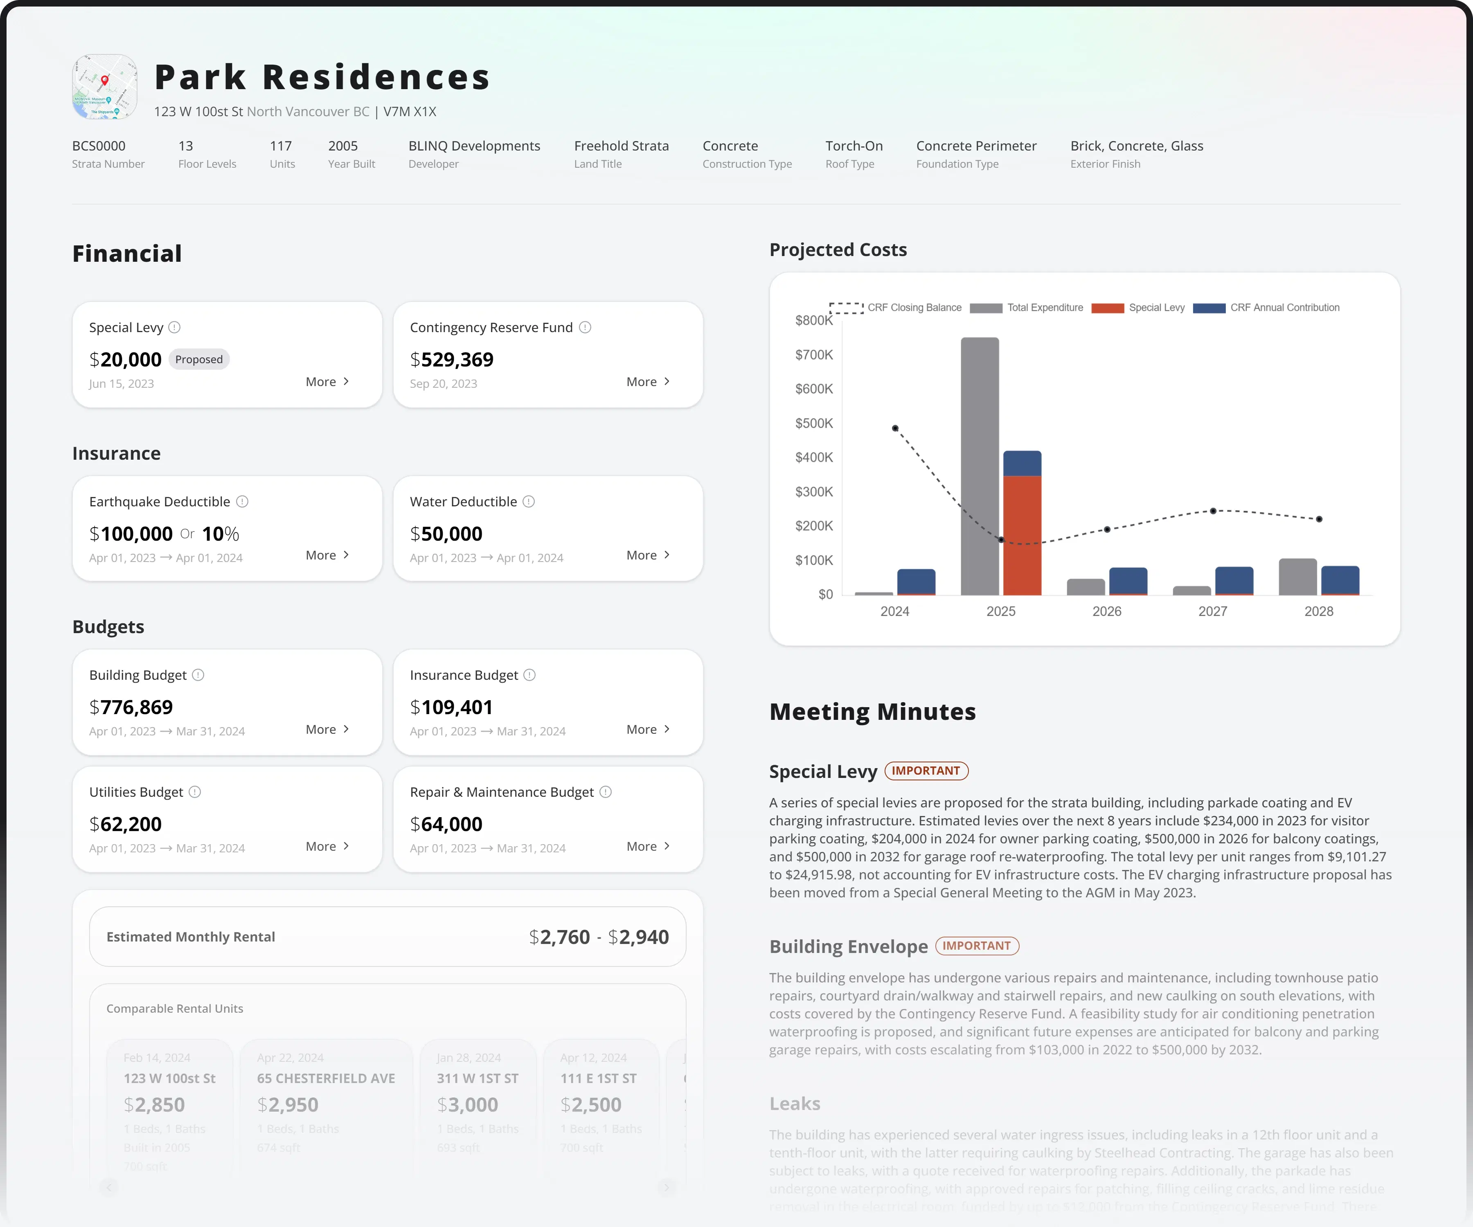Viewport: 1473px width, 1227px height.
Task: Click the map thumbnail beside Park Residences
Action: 104,87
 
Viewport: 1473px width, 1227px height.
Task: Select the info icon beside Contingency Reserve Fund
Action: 585,328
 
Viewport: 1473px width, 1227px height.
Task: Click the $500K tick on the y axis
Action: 814,423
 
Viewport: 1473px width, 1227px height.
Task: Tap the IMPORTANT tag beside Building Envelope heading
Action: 976,946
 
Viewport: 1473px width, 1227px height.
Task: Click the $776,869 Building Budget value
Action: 131,708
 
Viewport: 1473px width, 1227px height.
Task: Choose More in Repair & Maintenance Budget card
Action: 647,846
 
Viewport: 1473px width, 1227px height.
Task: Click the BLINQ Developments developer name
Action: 474,146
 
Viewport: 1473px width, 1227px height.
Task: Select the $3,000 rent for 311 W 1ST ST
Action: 467,1105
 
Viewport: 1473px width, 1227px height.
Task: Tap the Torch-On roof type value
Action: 854,146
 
